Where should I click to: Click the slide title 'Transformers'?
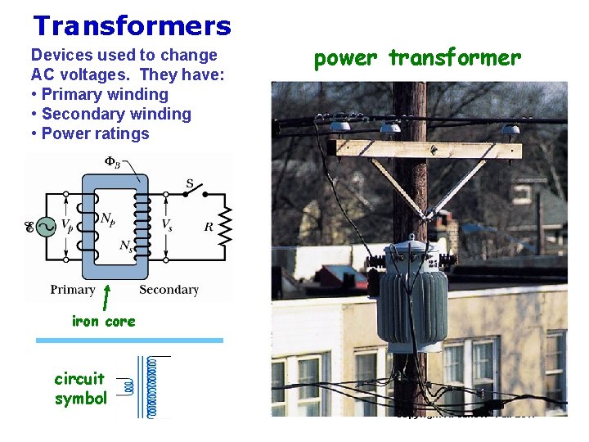[132, 26]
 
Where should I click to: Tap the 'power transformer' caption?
[417, 58]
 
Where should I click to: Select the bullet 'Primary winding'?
[104, 94]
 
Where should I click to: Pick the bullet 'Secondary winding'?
[115, 114]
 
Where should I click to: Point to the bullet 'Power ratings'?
[95, 133]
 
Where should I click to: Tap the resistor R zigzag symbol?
[225, 226]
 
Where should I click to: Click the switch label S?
[191, 184]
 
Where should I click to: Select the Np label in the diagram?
[106, 218]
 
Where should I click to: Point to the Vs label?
[167, 223]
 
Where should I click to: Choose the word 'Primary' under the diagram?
[73, 290]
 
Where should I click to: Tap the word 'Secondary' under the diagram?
[169, 290]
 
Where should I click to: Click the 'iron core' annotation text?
[104, 322]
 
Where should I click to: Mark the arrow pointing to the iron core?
[107, 295]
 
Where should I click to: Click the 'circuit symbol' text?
[80, 389]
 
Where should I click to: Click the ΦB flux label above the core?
[113, 161]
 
